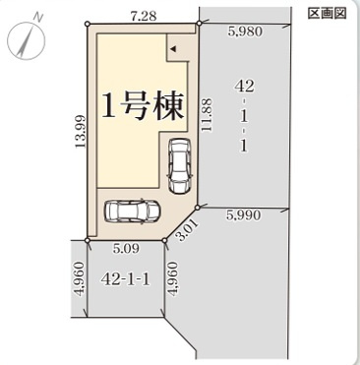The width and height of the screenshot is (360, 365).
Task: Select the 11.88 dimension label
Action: (206, 116)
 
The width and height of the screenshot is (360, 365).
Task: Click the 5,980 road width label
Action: (244, 31)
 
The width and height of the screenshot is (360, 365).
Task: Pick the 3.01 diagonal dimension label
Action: (188, 232)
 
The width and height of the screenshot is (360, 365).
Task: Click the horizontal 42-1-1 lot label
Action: (126, 278)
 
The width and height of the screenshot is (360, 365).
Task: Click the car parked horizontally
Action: (135, 212)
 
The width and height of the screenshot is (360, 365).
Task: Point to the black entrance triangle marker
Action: (172, 46)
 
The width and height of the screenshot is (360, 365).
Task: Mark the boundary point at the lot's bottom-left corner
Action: (89, 238)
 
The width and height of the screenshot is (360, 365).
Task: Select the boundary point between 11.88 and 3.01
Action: (198, 208)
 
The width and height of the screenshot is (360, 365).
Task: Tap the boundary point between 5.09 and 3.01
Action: (164, 238)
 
